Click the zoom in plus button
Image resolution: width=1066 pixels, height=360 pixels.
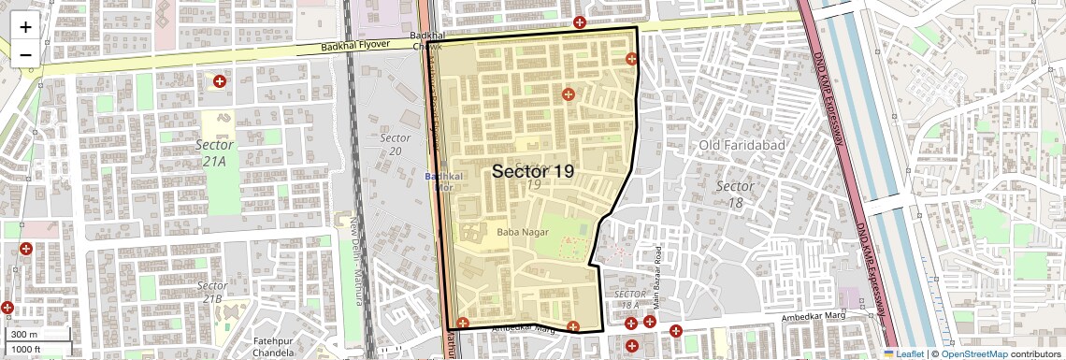(x=25, y=26)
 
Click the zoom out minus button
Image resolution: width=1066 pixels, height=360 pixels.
(x=25, y=54)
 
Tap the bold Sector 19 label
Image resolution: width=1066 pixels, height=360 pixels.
(x=532, y=171)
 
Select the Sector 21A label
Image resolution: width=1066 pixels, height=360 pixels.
(x=214, y=153)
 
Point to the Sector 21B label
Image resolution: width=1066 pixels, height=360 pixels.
(x=212, y=292)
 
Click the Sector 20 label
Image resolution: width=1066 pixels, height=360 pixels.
(x=395, y=144)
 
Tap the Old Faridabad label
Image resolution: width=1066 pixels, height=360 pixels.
(x=742, y=145)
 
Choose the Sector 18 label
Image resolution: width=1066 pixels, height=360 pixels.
(x=734, y=194)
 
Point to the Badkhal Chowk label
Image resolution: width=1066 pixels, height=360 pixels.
(x=425, y=40)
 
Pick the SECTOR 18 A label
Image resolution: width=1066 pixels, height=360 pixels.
(x=631, y=299)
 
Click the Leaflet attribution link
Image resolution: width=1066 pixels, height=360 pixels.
(x=903, y=353)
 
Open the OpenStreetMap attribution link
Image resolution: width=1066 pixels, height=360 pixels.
(x=974, y=353)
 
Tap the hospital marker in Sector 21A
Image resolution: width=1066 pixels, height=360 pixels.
(x=220, y=82)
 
